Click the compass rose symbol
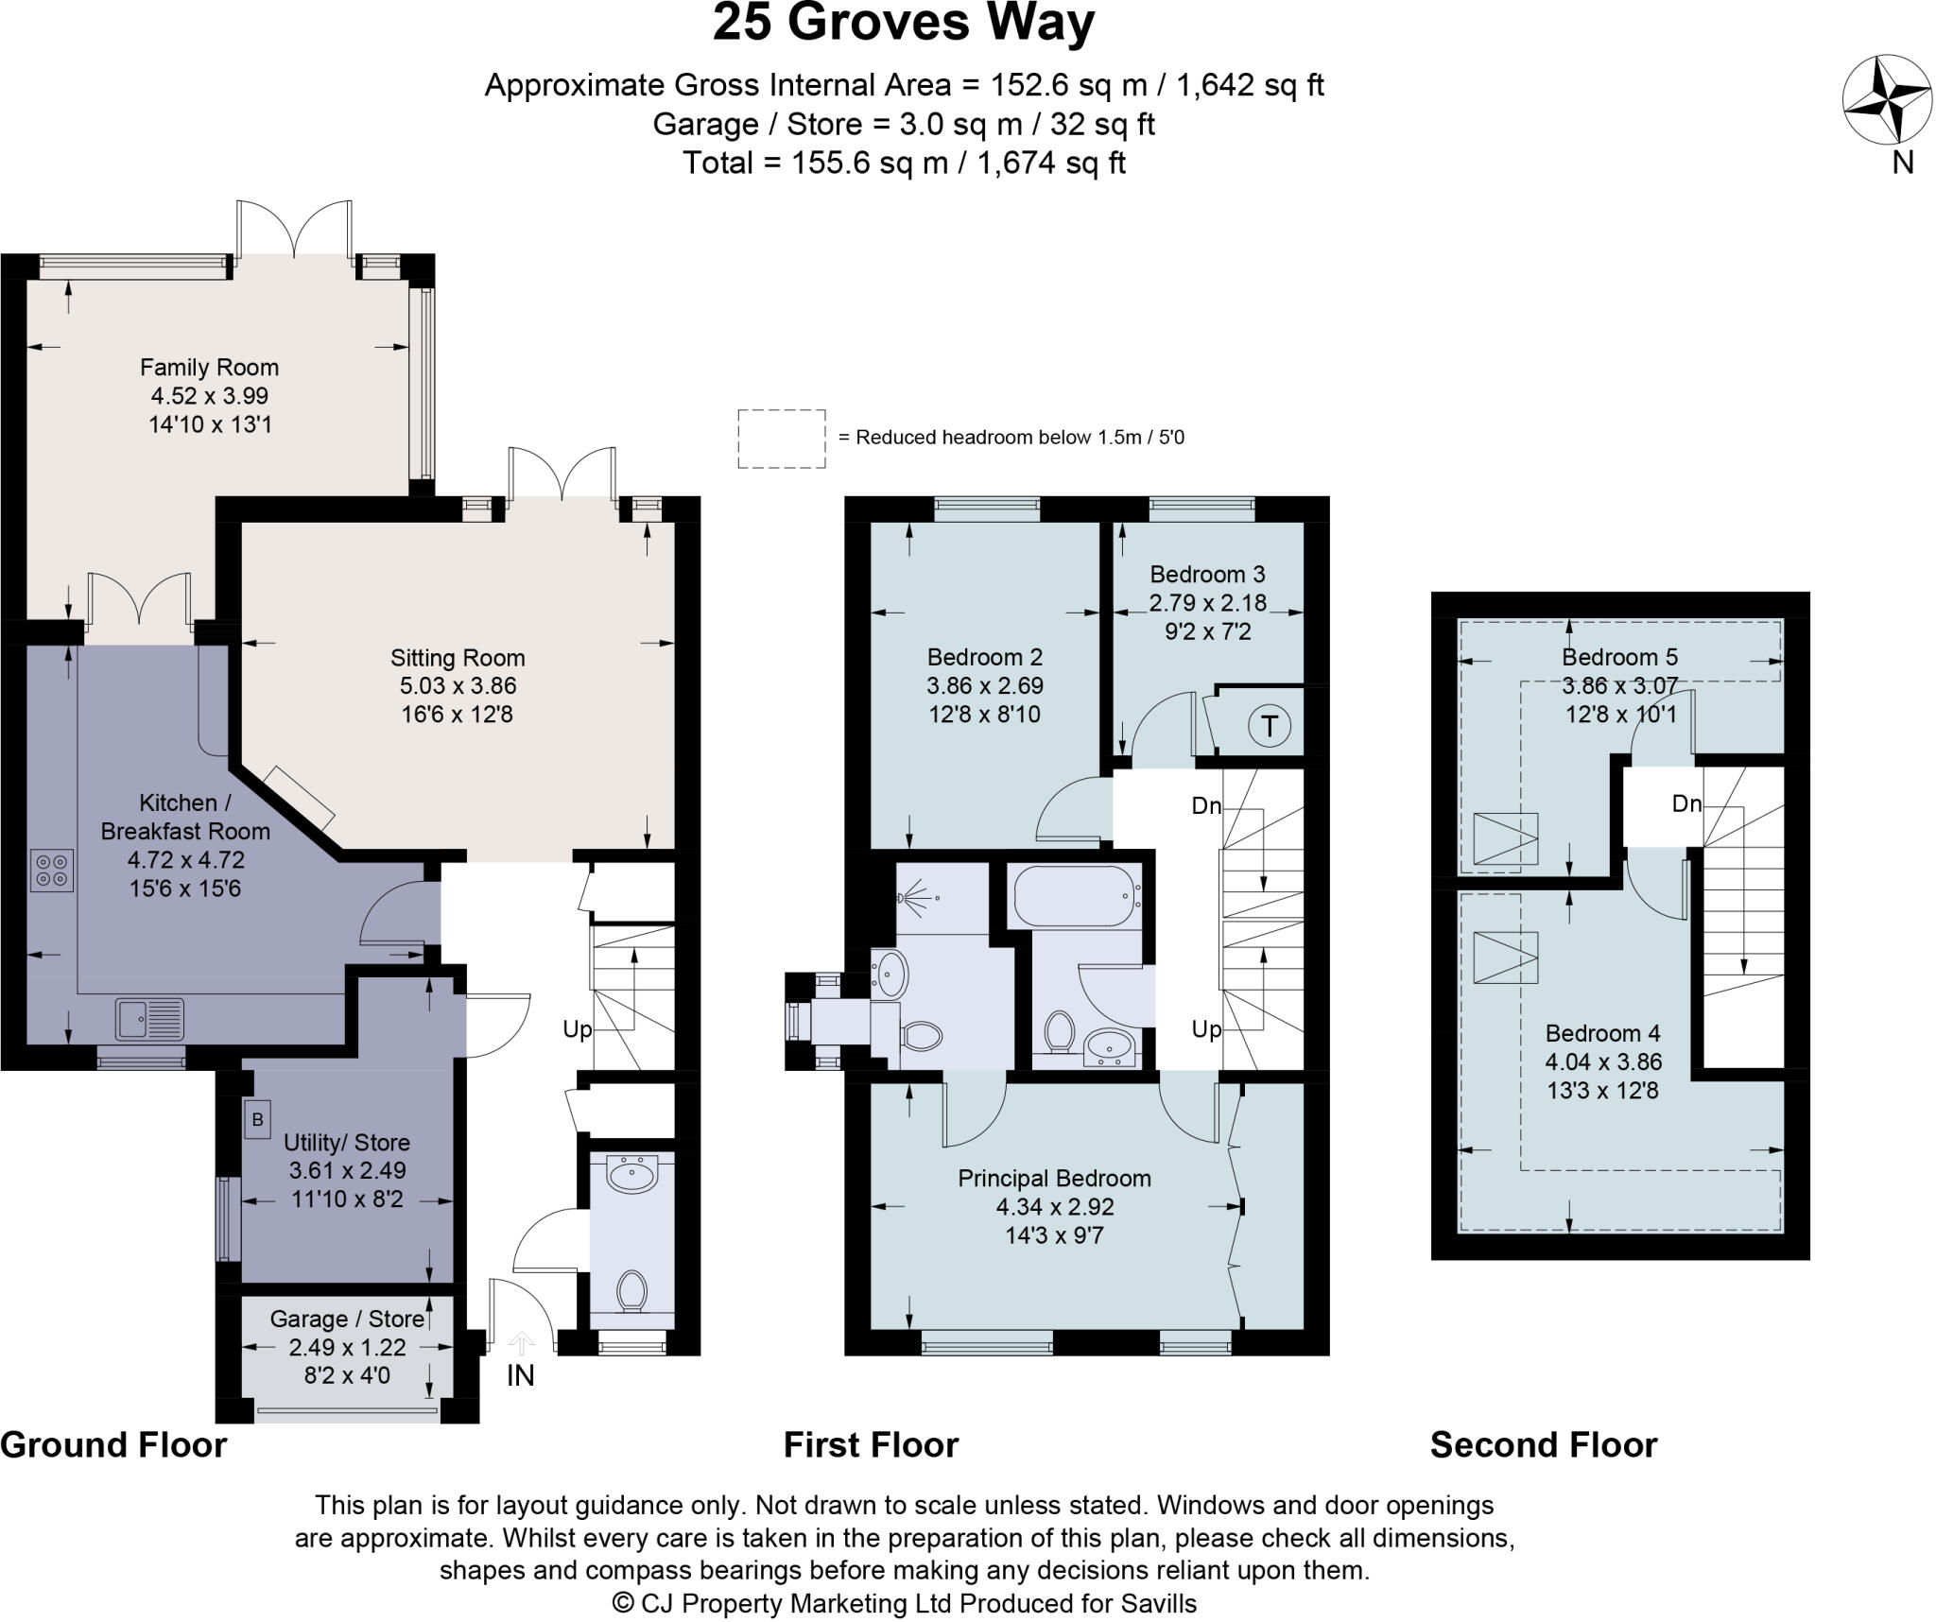coord(1873,99)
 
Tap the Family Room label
coord(209,367)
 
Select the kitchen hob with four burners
coord(52,871)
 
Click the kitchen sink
coord(149,1019)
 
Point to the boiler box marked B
coord(257,1121)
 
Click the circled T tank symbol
coord(1269,726)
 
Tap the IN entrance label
coord(520,1375)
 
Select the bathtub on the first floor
coord(1075,895)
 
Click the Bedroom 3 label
coord(1207,574)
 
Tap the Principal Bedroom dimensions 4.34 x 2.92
coord(1054,1207)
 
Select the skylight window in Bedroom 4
coord(1505,957)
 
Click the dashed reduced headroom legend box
coord(781,439)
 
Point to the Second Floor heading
coord(1543,1445)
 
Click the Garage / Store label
coord(347,1319)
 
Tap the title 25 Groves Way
coord(903,24)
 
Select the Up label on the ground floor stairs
coord(577,1028)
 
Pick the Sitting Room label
coord(458,658)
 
